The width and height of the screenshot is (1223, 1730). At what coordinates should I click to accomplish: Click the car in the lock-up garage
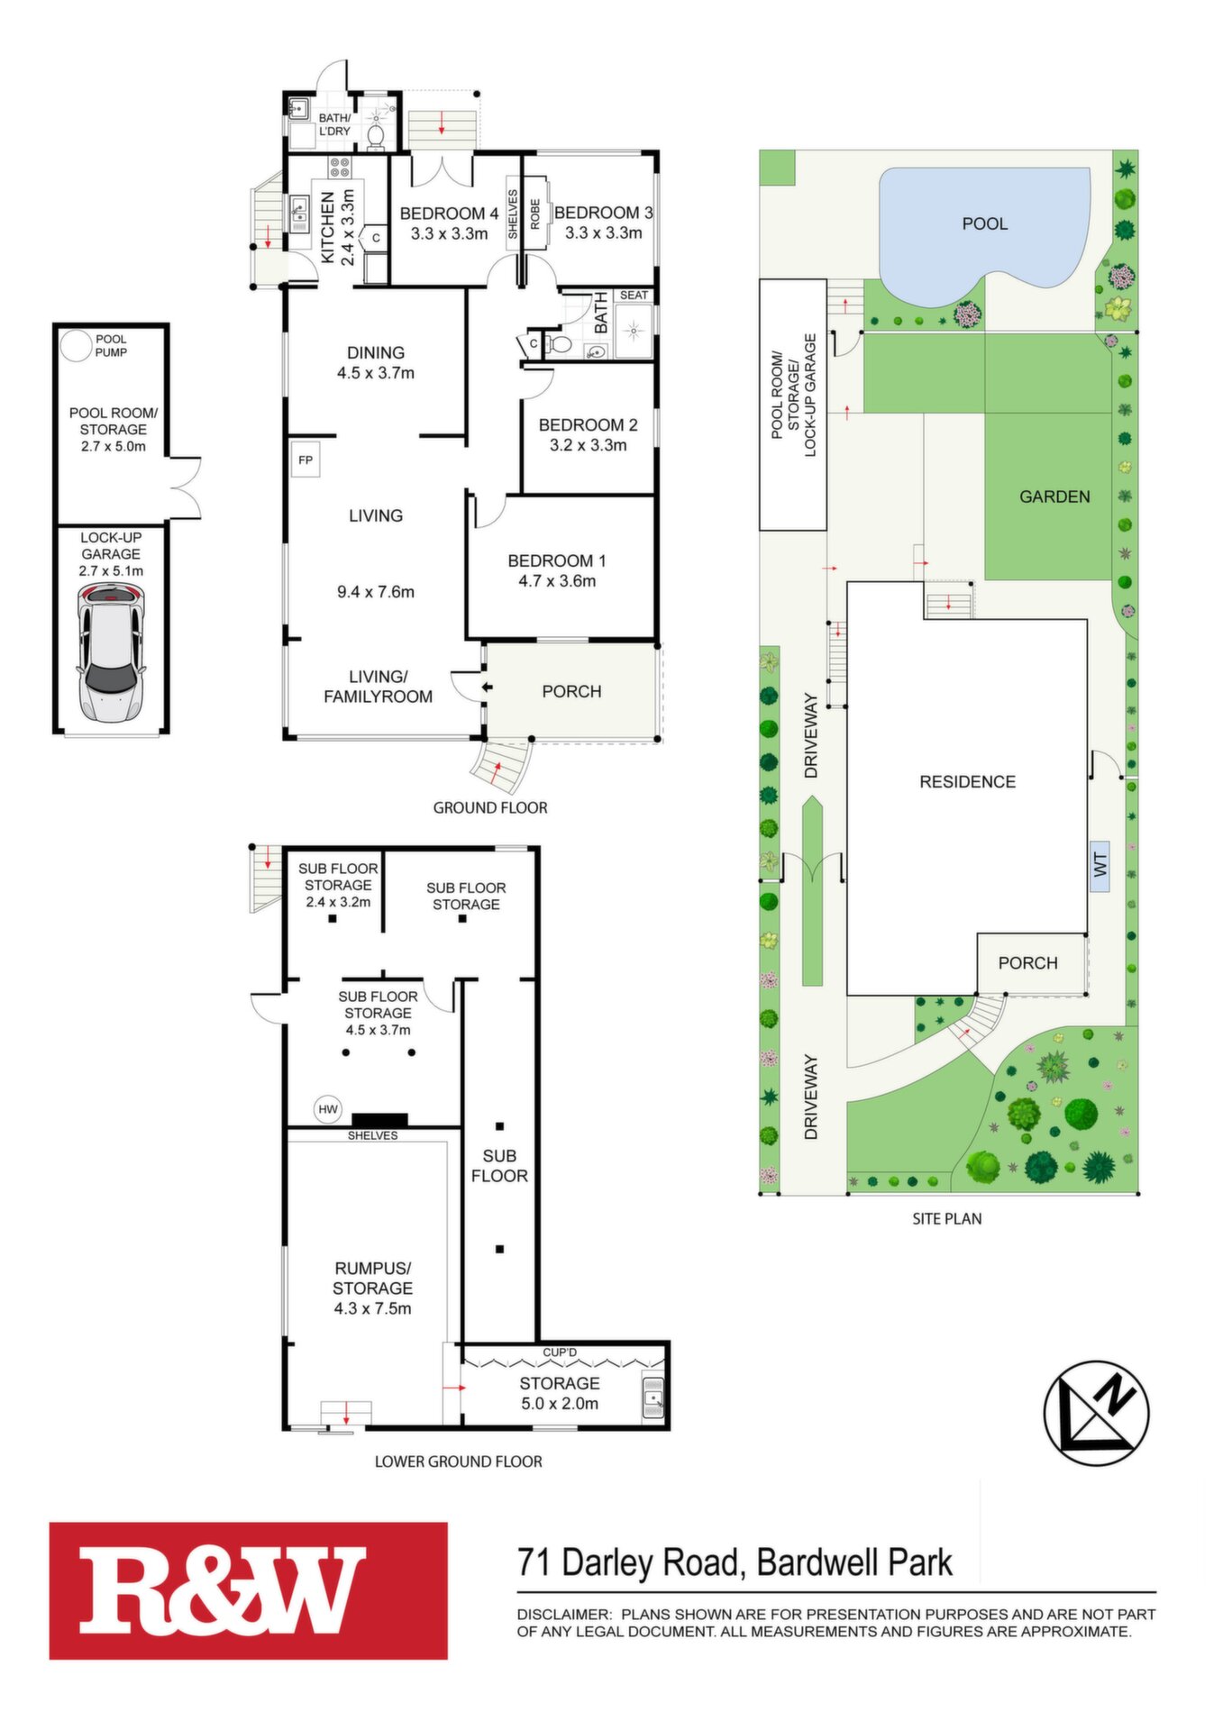click(x=110, y=652)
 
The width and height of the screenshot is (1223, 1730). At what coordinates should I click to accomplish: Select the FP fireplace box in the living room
click(x=306, y=460)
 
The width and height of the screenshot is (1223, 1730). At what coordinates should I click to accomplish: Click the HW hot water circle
click(x=328, y=1109)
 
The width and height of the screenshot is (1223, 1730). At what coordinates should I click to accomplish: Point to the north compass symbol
click(x=1096, y=1413)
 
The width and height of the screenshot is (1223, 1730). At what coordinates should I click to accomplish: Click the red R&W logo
click(x=249, y=1590)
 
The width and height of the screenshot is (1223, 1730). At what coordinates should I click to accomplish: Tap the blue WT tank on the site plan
click(x=1100, y=866)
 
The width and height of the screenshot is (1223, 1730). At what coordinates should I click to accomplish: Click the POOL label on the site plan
click(x=984, y=223)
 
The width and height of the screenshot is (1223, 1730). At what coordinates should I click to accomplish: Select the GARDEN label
click(x=1054, y=496)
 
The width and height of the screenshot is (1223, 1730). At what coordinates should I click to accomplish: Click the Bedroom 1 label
click(x=557, y=560)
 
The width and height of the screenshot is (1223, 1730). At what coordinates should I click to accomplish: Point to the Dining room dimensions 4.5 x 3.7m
click(x=376, y=373)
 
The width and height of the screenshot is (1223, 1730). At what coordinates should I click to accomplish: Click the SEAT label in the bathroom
click(x=634, y=296)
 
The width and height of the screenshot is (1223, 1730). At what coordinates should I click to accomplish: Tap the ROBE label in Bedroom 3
click(x=534, y=214)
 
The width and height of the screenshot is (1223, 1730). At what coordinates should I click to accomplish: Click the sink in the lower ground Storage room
click(x=653, y=1398)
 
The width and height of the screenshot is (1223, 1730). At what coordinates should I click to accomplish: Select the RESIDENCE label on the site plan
click(x=967, y=782)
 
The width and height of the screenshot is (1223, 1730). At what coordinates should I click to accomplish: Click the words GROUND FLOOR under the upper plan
click(x=490, y=808)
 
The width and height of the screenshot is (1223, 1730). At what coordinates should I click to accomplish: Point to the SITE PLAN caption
click(x=947, y=1219)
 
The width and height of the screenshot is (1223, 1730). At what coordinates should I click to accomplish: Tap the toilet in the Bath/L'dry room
click(x=376, y=134)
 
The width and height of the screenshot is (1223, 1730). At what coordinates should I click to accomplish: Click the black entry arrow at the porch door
click(x=487, y=688)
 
